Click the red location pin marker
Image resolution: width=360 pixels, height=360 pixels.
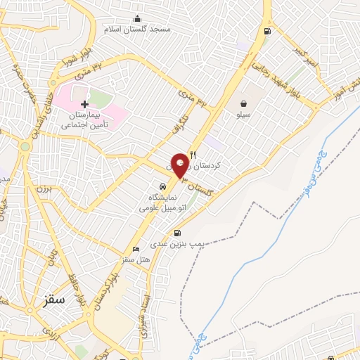click(x=180, y=165)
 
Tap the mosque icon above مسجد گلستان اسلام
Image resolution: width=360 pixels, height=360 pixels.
click(x=136, y=18)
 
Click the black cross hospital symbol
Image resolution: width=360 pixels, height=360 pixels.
click(x=85, y=104)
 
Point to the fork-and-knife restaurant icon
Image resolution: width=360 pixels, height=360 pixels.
click(x=193, y=155)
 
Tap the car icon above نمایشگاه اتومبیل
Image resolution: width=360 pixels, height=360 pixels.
click(x=162, y=187)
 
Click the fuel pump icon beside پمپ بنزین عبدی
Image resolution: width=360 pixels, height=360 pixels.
click(x=176, y=233)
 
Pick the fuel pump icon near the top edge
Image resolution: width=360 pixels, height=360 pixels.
click(x=266, y=31)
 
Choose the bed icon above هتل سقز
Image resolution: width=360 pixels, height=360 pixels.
click(x=136, y=250)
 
